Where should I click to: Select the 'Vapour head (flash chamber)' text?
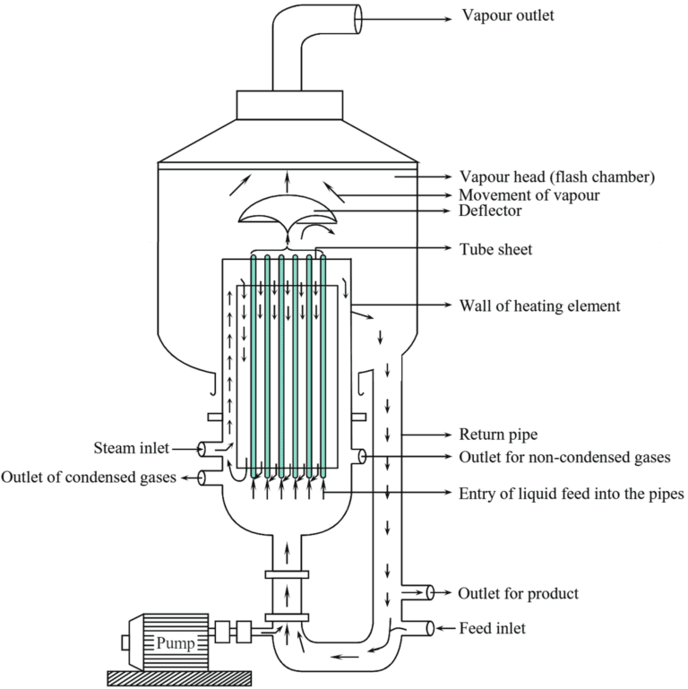click(556, 177)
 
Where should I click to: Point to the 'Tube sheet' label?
click(495, 249)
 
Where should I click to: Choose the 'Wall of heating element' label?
click(538, 306)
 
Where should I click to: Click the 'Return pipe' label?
click(498, 435)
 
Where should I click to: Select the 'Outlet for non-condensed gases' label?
click(563, 457)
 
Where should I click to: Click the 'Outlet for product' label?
click(518, 593)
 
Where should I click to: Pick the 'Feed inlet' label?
click(492, 628)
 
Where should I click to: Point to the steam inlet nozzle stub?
click(209, 448)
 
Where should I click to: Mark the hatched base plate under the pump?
click(177, 675)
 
